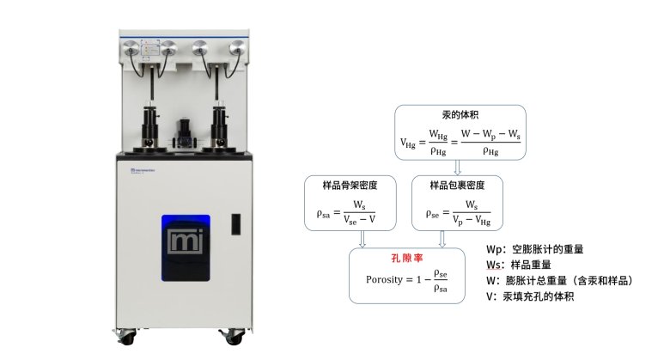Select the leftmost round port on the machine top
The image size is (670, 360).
[131, 49]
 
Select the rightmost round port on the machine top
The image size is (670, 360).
[236, 49]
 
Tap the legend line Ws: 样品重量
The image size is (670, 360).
[521, 265]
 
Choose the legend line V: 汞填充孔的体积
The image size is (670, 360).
[530, 296]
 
